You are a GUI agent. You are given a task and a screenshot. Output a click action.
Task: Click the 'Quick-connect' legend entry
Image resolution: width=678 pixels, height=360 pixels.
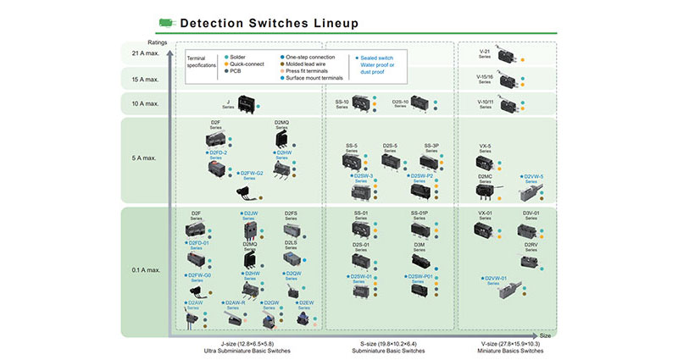click(x=247, y=64)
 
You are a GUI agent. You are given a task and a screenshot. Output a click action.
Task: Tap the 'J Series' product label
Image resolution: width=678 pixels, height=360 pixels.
click(x=229, y=102)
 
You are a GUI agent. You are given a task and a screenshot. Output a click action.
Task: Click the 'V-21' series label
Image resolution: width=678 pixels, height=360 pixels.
click(x=486, y=53)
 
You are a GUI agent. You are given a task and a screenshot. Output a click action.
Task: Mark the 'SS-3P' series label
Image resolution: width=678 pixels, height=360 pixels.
click(x=431, y=147)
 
